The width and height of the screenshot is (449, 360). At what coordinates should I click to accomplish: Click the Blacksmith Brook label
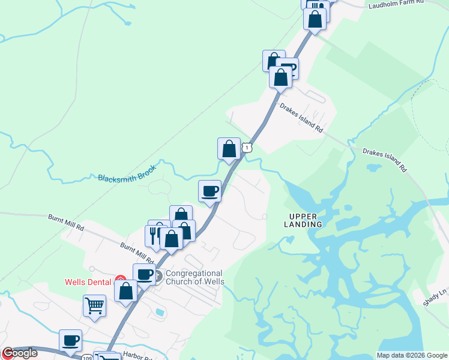tap(127, 178)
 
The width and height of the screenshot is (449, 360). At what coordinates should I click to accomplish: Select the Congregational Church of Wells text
tap(194, 277)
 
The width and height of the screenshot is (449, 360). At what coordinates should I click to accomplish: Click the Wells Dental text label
tap(88, 282)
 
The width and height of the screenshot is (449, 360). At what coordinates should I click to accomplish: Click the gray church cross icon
tap(158, 277)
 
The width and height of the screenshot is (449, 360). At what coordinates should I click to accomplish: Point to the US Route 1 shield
tap(246, 147)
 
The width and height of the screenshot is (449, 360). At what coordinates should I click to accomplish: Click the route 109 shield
tap(87, 357)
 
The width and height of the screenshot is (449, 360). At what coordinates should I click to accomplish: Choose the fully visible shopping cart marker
tap(94, 305)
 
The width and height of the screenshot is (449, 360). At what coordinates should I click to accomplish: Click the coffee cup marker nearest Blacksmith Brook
tap(209, 191)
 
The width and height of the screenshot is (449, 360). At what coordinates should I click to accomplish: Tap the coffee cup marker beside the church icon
tap(144, 274)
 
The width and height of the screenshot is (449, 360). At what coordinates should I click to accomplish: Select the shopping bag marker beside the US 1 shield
tap(229, 148)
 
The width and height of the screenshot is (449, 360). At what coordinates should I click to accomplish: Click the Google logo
tap(19, 353)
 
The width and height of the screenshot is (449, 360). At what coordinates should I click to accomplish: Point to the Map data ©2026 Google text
tap(412, 355)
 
